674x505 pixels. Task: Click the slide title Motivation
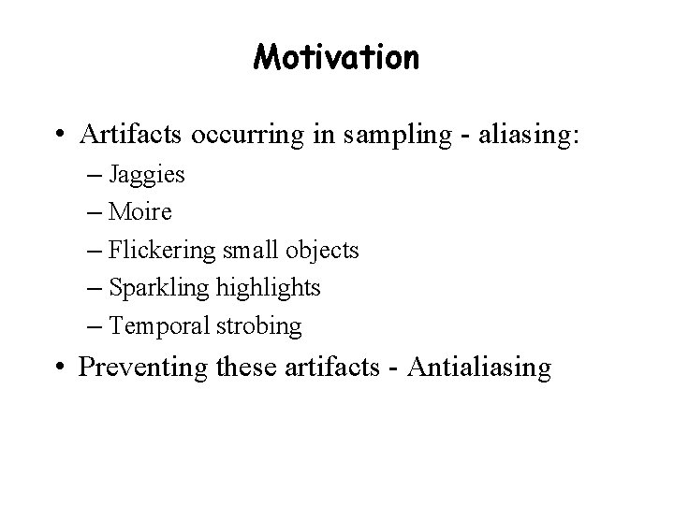tap(336, 59)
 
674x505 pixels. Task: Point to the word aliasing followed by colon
tap(523, 137)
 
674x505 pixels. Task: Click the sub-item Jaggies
tap(147, 175)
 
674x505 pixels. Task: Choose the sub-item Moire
tap(140, 212)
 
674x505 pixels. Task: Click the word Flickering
tap(158, 251)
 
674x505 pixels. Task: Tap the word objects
tap(324, 252)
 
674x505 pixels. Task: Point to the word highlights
tap(268, 289)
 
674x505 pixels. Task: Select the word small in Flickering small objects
tap(250, 251)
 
